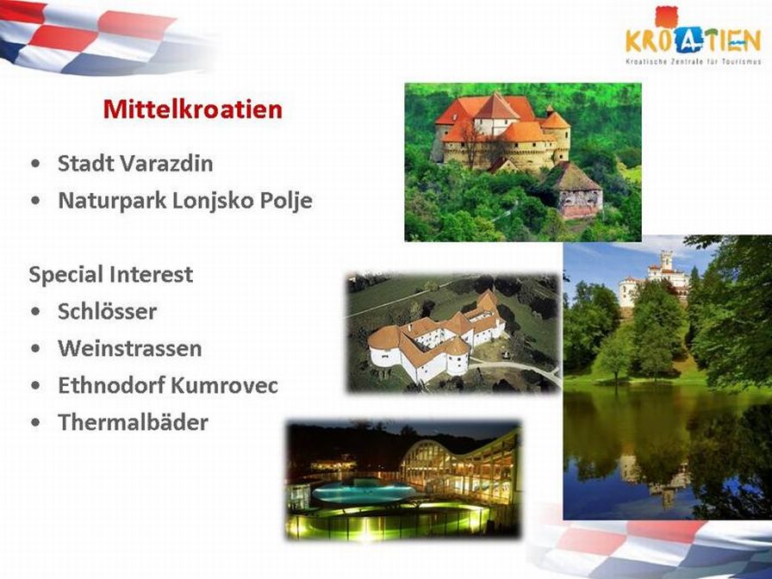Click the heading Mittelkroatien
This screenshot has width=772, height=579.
pyautogui.click(x=192, y=109)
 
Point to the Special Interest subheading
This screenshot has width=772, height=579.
pyautogui.click(x=111, y=274)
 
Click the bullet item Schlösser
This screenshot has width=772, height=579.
pyautogui.click(x=108, y=311)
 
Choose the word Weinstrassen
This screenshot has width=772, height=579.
pyautogui.click(x=130, y=348)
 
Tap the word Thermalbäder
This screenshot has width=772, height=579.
pyautogui.click(x=133, y=422)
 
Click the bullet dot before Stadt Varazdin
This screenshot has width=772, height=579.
pyautogui.click(x=35, y=164)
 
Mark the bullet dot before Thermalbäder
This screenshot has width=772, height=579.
pyautogui.click(x=35, y=423)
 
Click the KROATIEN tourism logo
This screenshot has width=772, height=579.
pyautogui.click(x=694, y=35)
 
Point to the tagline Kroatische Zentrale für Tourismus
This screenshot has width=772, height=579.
pyautogui.click(x=694, y=61)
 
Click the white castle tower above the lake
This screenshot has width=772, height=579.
pyautogui.click(x=666, y=260)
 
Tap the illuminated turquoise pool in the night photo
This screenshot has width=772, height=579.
pyautogui.click(x=364, y=491)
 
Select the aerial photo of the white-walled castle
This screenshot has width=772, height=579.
pyautogui.click(x=454, y=333)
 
